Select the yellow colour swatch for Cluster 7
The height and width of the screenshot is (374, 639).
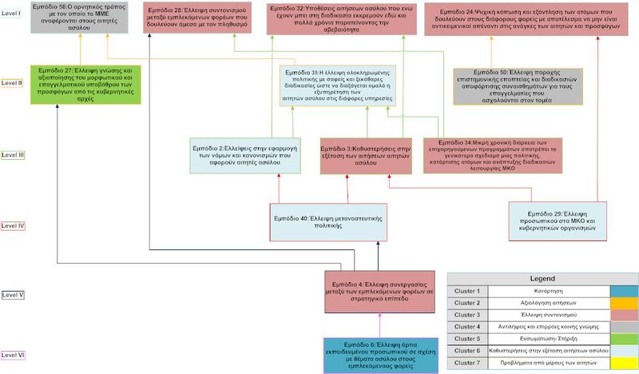pos(622,362)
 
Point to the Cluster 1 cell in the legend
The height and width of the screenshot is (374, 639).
pos(466,290)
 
